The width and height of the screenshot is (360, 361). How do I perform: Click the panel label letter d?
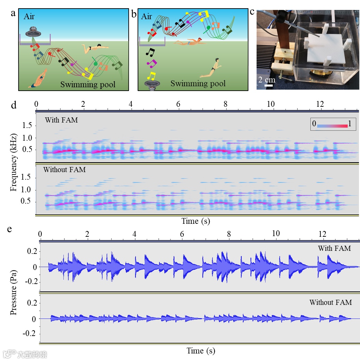pyautogui.click(x=14, y=105)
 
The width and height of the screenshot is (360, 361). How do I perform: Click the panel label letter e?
pyautogui.click(x=10, y=229)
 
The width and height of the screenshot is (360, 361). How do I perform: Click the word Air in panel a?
pyautogui.click(x=29, y=17)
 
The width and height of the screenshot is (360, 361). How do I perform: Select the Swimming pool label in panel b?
pyautogui.click(x=198, y=83)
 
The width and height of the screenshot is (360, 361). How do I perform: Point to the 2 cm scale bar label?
pyautogui.click(x=267, y=80)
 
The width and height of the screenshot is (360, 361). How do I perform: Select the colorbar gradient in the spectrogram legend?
pyautogui.click(x=332, y=126)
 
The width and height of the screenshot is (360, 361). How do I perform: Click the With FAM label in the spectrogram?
pyautogui.click(x=61, y=120)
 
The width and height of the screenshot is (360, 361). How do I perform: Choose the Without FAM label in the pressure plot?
pyautogui.click(x=330, y=302)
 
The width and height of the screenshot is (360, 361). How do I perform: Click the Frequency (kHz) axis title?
pyautogui.click(x=14, y=163)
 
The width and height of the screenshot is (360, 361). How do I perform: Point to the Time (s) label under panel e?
pyautogui.click(x=201, y=350)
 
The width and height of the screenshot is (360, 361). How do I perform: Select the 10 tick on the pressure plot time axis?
pyautogui.click(x=275, y=233)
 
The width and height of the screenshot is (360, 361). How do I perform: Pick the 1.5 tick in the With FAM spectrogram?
pyautogui.click(x=27, y=126)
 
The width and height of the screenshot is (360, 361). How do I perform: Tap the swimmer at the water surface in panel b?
pyautogui.click(x=190, y=42)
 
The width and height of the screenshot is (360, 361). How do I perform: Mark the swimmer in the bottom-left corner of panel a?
pyautogui.click(x=39, y=80)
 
